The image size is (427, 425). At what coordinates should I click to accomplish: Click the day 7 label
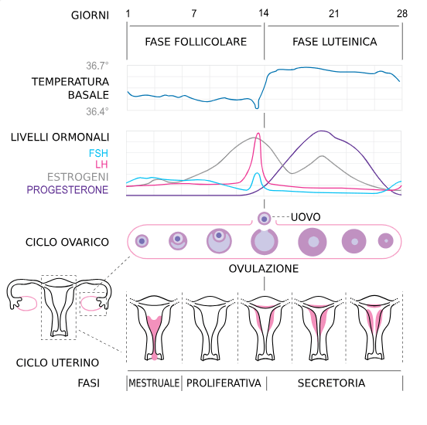(194, 14)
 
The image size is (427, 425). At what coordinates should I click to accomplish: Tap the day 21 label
(334, 14)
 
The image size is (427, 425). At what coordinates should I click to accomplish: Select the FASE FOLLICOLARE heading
(196, 42)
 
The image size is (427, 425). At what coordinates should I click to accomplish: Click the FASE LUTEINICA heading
(335, 42)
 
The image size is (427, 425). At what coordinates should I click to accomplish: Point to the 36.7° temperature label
(97, 66)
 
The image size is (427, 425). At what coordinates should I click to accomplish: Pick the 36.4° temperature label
(97, 111)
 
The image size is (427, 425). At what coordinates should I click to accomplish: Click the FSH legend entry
(98, 153)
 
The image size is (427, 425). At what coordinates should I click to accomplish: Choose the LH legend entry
(101, 165)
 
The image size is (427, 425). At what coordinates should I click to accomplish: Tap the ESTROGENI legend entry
(78, 177)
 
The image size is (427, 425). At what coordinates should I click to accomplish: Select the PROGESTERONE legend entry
(67, 189)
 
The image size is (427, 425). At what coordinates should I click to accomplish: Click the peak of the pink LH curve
(258, 133)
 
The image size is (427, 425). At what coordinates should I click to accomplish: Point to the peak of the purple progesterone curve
(322, 131)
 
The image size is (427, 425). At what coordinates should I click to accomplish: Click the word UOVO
(306, 217)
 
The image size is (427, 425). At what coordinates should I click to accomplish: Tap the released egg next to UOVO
(264, 219)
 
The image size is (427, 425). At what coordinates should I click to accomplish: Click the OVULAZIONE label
(264, 269)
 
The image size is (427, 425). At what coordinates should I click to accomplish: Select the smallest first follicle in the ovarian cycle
(142, 241)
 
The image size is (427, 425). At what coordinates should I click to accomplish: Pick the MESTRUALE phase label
(154, 383)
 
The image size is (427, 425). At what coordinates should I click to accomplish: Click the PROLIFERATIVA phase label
(224, 383)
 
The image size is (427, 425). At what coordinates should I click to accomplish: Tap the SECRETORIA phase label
(331, 383)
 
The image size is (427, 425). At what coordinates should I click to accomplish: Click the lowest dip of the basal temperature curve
(257, 108)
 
